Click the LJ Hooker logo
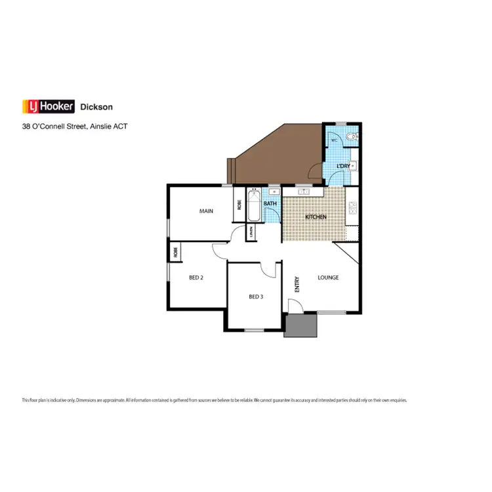pyautogui.click(x=49, y=106)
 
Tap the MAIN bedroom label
pyautogui.click(x=207, y=211)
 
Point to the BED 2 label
pyautogui.click(x=196, y=277)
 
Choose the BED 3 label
pyautogui.click(x=256, y=297)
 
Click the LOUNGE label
pyautogui.click(x=328, y=277)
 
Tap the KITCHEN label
pyautogui.click(x=316, y=216)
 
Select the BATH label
pyautogui.click(x=270, y=204)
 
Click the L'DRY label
pyautogui.click(x=343, y=166)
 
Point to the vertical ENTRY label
pyautogui.click(x=297, y=284)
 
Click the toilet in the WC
pyautogui.click(x=353, y=137)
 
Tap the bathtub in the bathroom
pyautogui.click(x=254, y=205)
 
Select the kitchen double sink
pyautogui.click(x=304, y=192)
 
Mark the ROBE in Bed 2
pyautogui.click(x=175, y=251)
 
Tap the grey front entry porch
pyautogui.click(x=300, y=325)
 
